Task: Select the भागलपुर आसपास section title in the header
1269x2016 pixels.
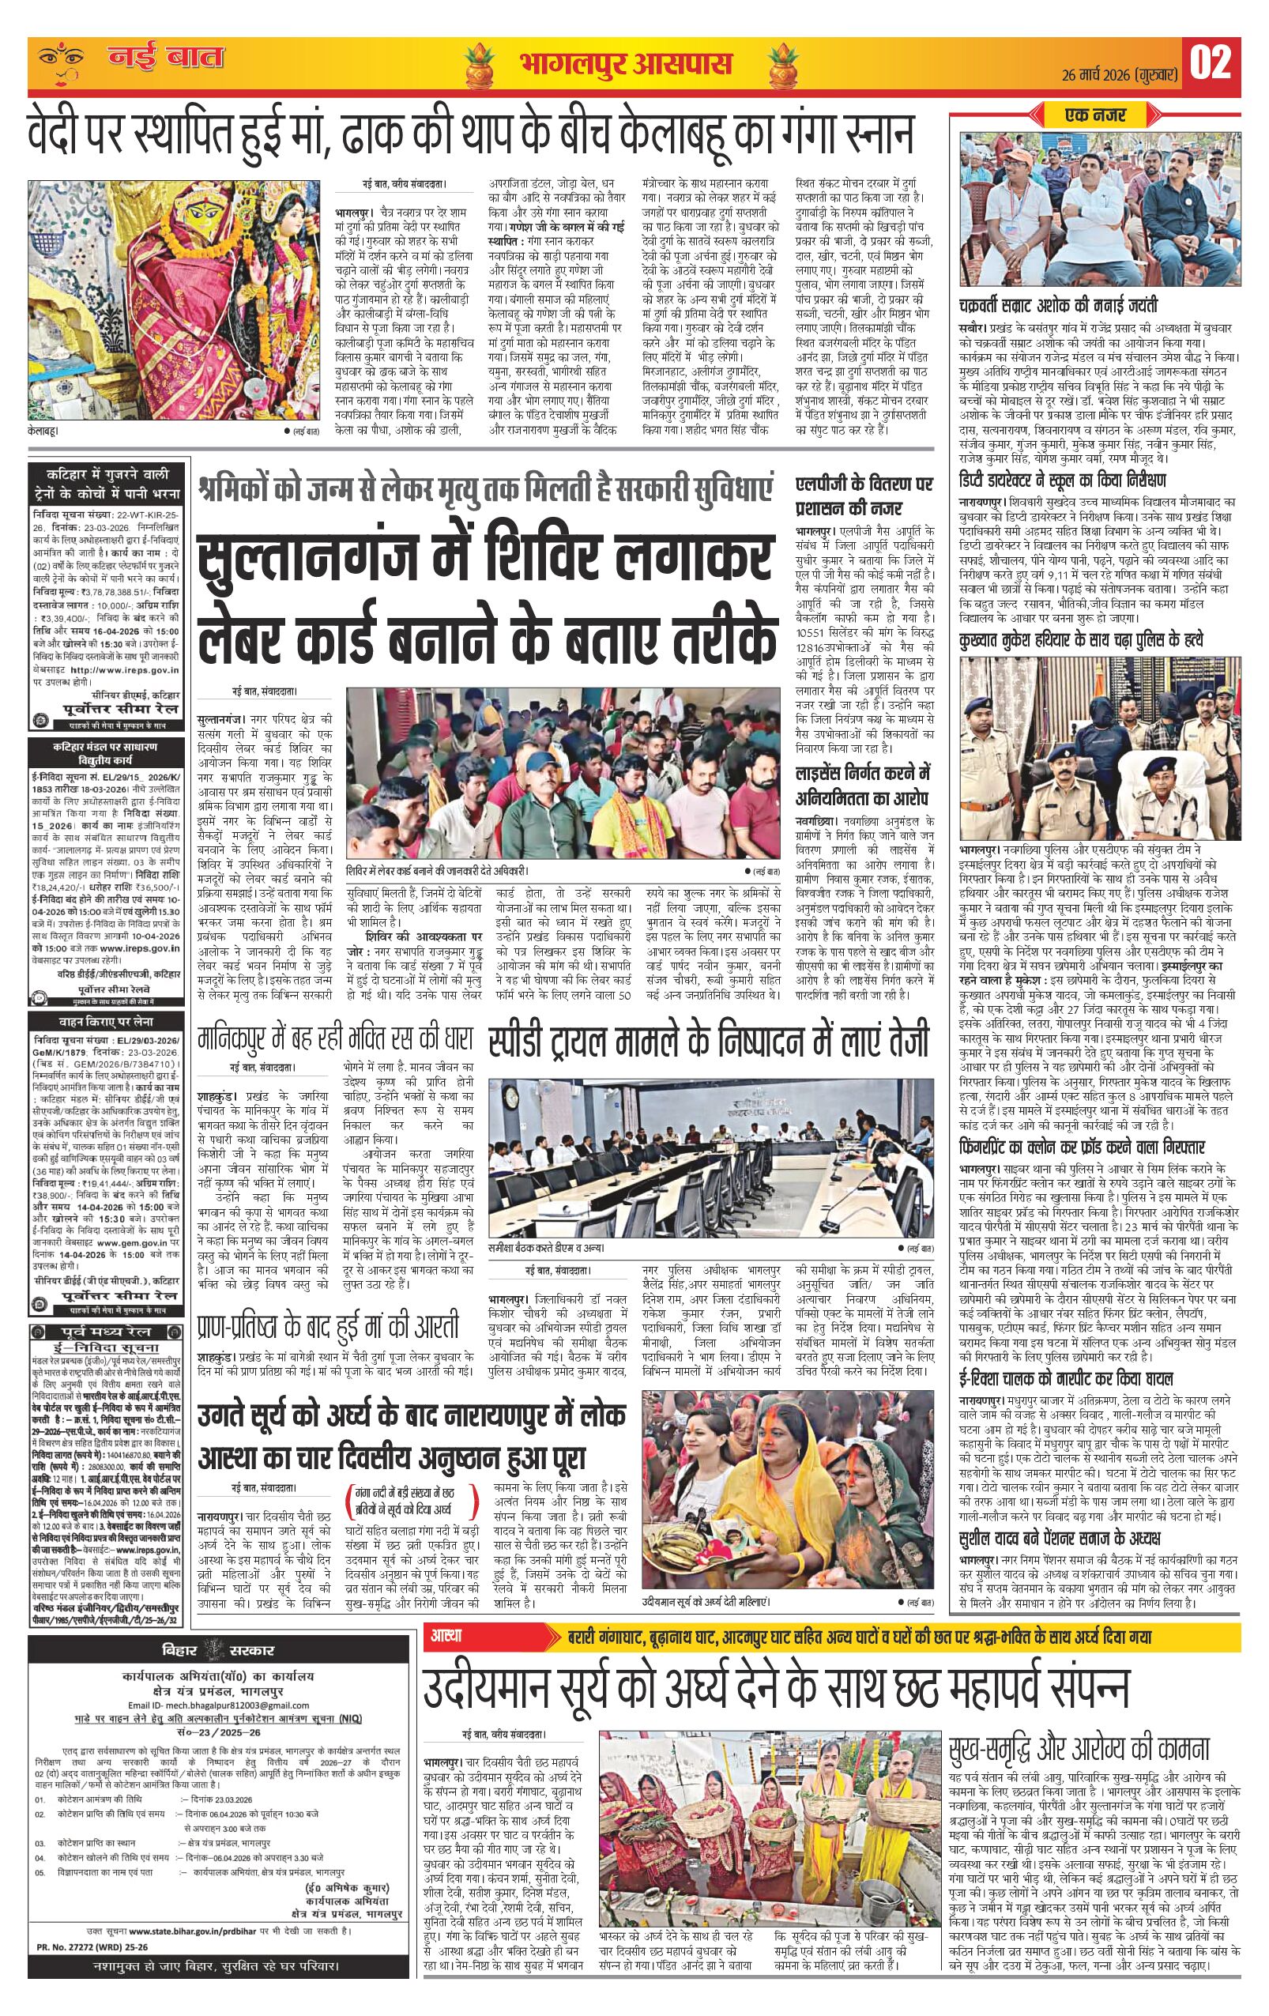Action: click(625, 64)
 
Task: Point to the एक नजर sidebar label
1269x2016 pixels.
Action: click(1096, 114)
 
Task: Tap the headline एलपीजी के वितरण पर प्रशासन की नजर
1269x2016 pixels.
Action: click(864, 496)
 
